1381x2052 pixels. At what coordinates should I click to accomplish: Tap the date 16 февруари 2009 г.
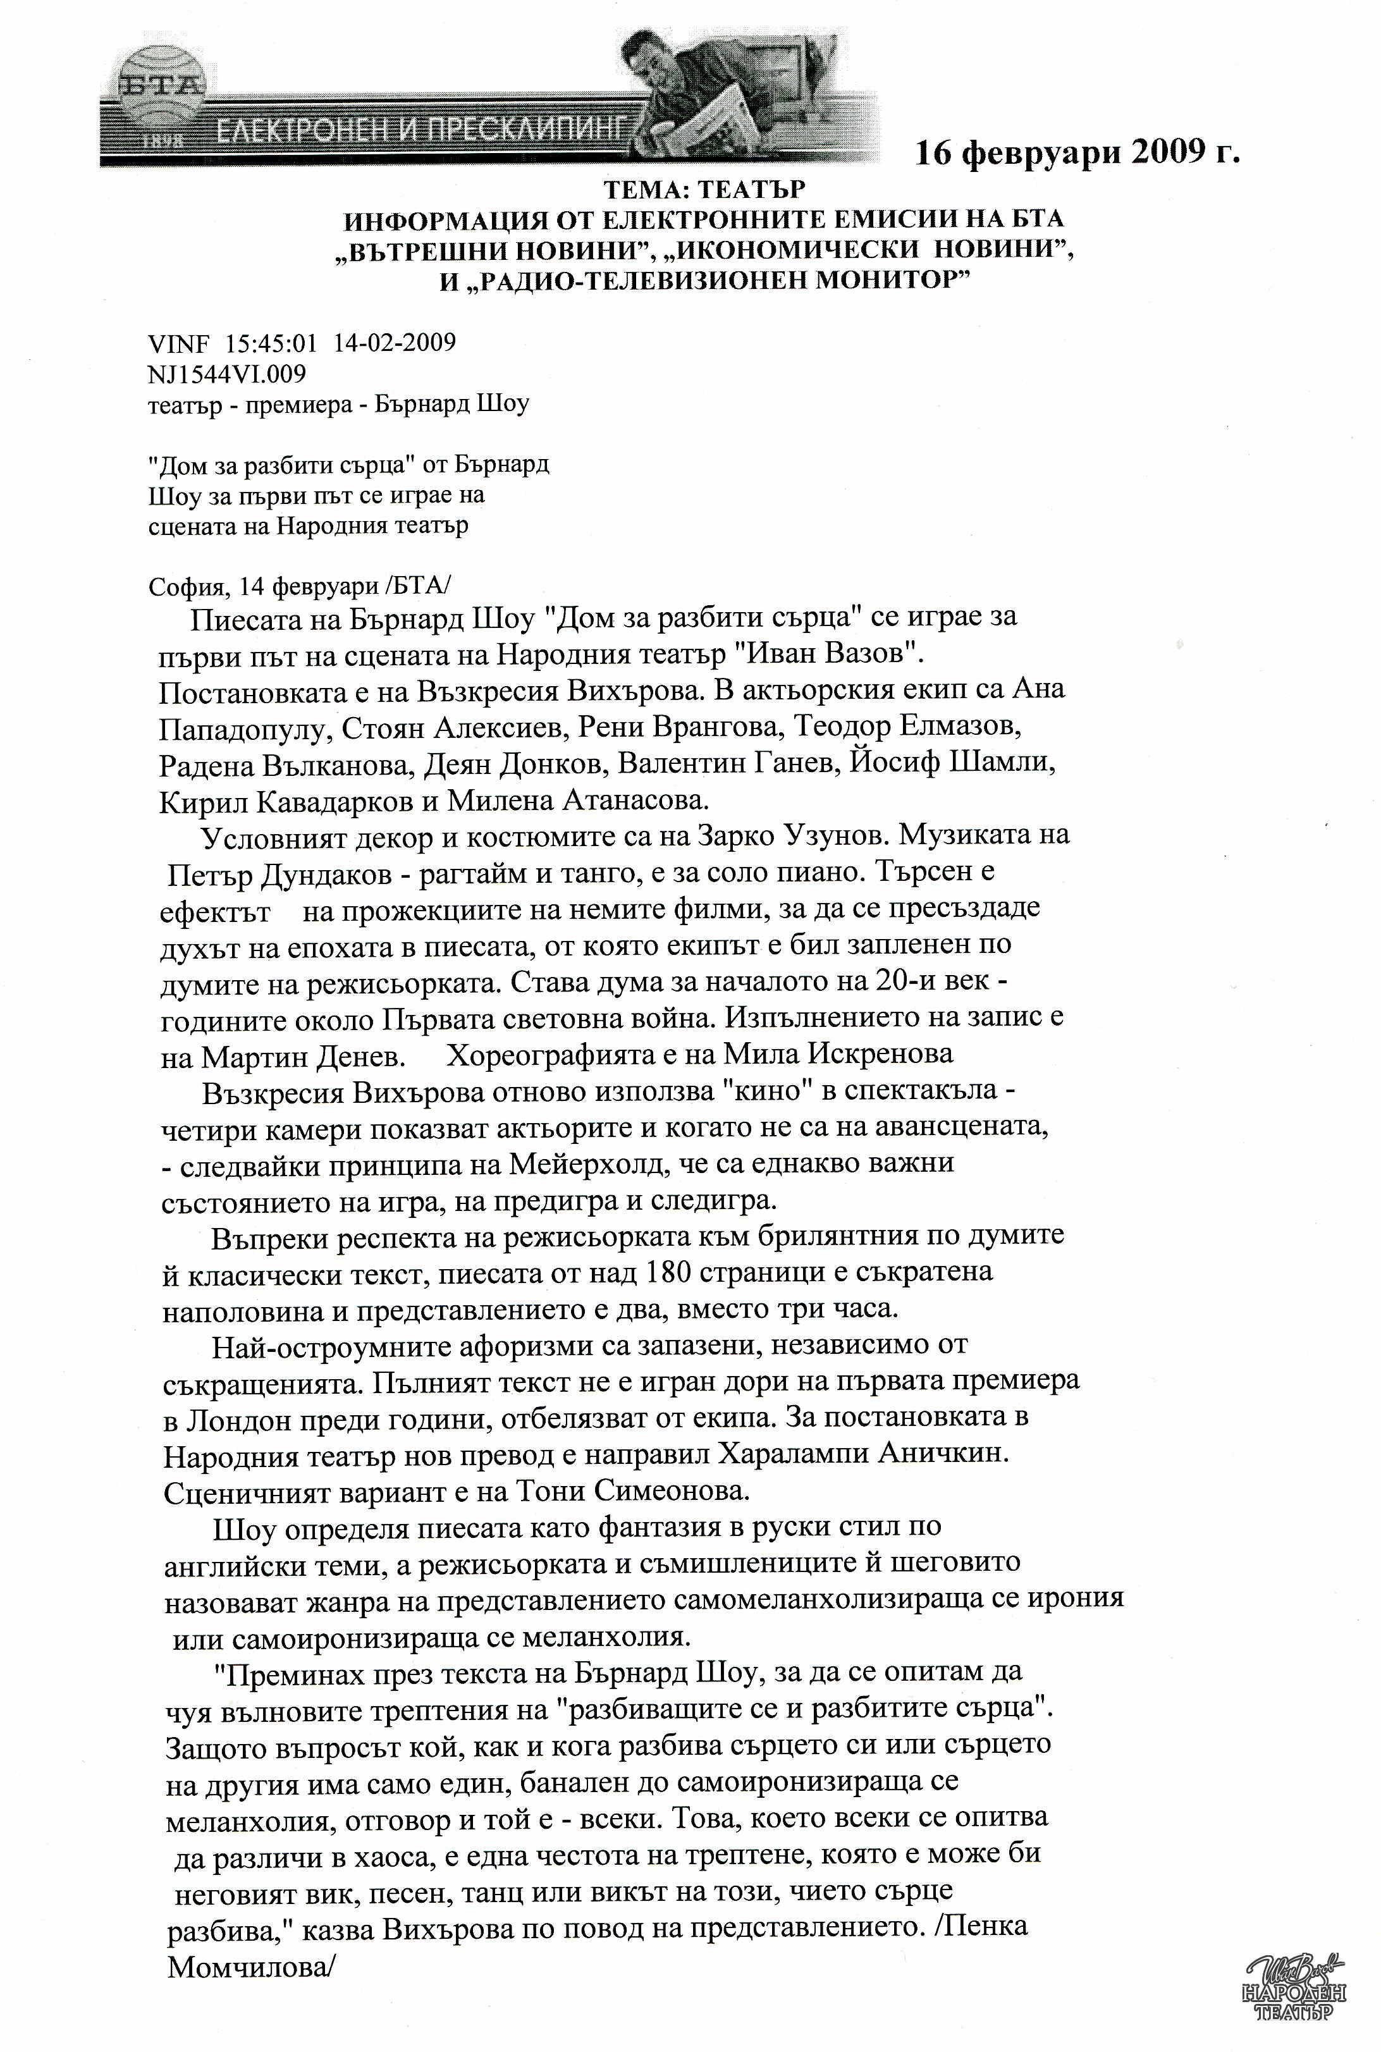pos(1077,153)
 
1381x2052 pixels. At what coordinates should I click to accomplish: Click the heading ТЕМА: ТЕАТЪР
pos(704,189)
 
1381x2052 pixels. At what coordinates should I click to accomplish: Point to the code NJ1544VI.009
pos(227,374)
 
